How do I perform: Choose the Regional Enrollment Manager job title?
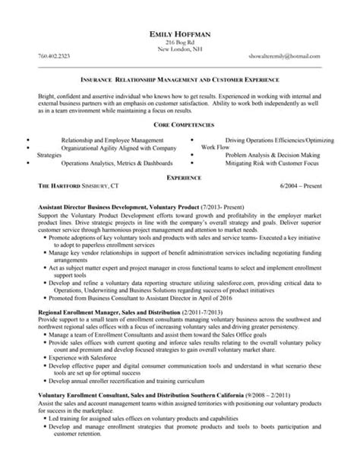(114, 312)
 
